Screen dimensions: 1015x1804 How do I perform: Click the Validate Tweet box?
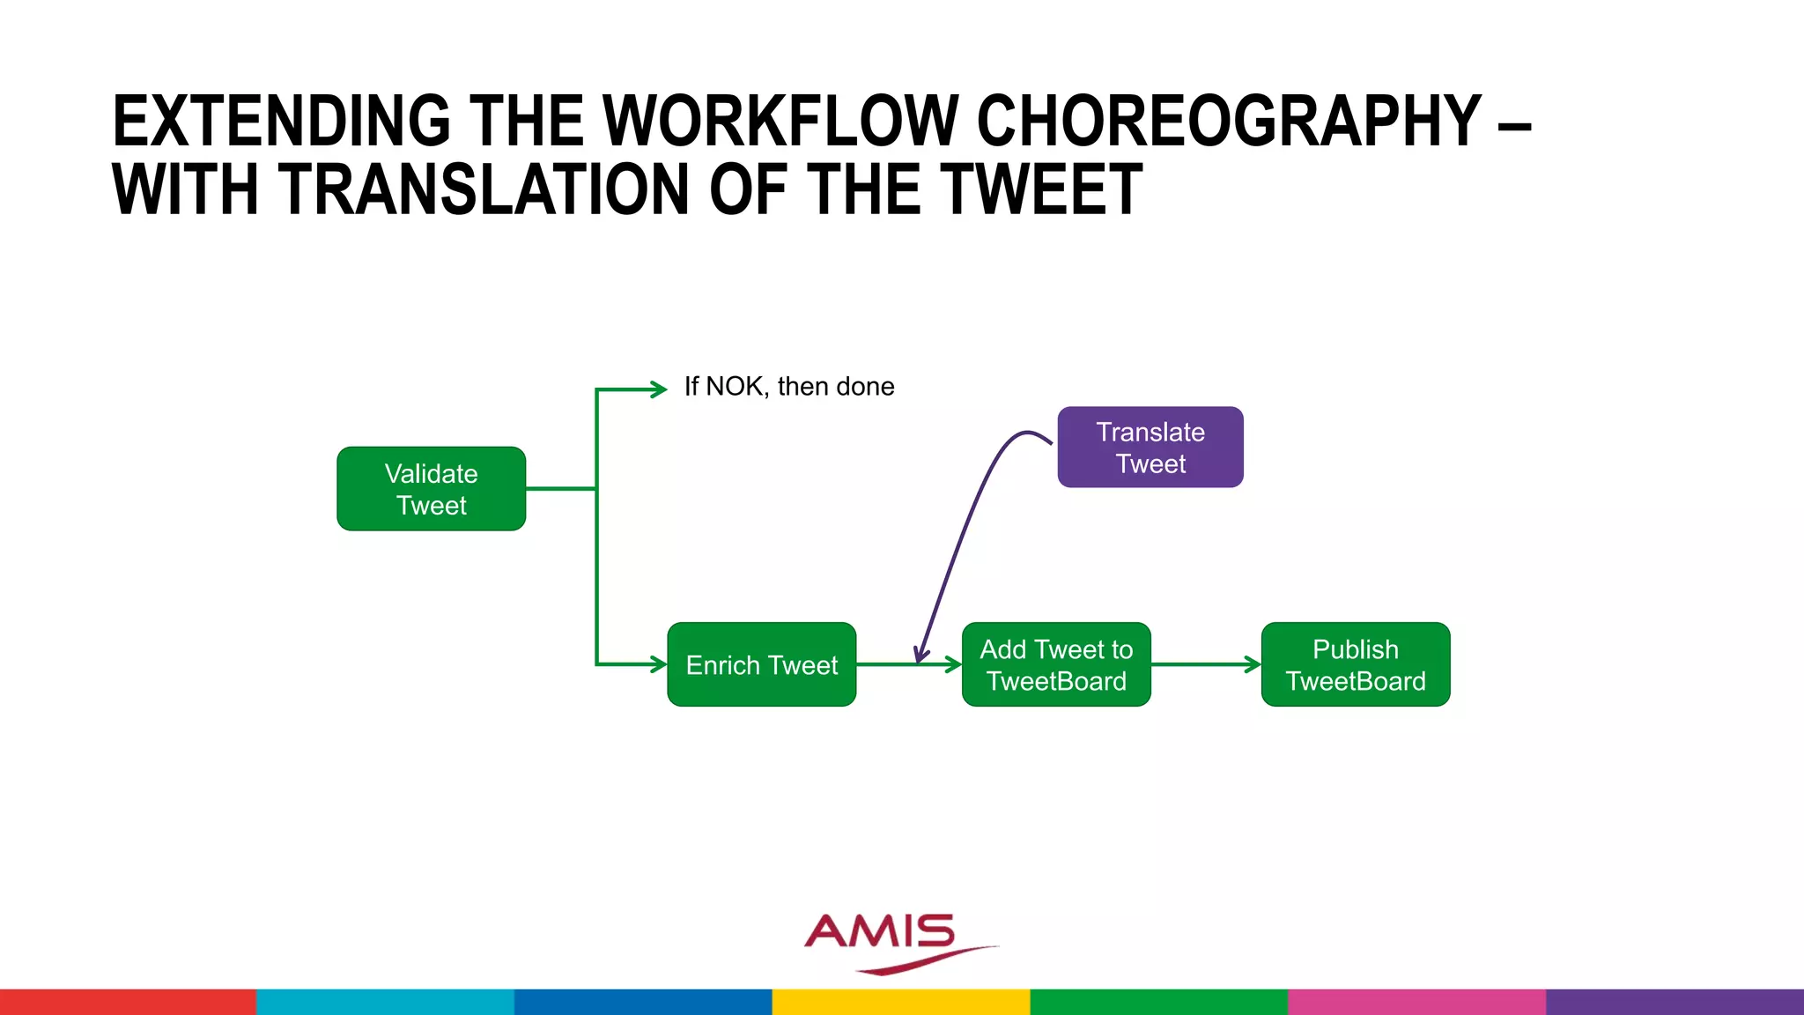(431, 489)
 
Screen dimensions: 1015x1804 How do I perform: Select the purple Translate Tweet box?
(1150, 447)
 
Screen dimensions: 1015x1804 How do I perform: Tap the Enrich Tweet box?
(761, 664)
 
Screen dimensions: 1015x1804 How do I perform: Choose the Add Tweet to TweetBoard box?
(1056, 664)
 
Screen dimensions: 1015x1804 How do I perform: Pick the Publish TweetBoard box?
(1355, 664)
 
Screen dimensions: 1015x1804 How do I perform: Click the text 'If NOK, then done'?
(789, 387)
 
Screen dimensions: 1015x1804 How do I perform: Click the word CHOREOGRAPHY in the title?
(1229, 122)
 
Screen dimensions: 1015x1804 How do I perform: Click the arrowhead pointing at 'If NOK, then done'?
(659, 389)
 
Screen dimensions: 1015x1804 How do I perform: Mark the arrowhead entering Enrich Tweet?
(659, 664)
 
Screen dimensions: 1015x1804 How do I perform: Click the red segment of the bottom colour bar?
(128, 1002)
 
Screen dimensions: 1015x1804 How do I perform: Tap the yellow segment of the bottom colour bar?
(901, 1002)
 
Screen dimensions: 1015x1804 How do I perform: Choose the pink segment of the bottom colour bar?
(1416, 1002)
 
